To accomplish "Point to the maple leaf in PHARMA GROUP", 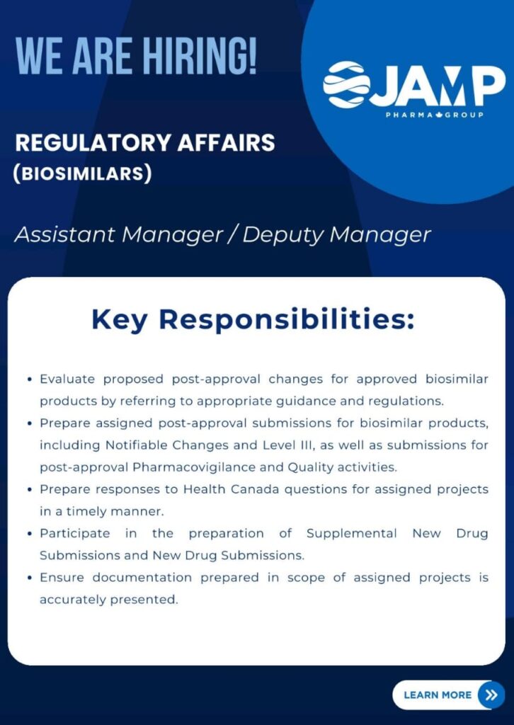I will (433, 115).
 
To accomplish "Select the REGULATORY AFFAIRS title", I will (145, 143).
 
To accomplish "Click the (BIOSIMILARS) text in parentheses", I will (83, 173).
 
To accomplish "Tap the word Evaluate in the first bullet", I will (67, 379).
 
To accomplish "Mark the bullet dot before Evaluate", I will (28, 380).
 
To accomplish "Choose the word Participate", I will (74, 533).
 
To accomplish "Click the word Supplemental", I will (353, 533).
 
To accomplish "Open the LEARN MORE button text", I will (437, 695).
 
